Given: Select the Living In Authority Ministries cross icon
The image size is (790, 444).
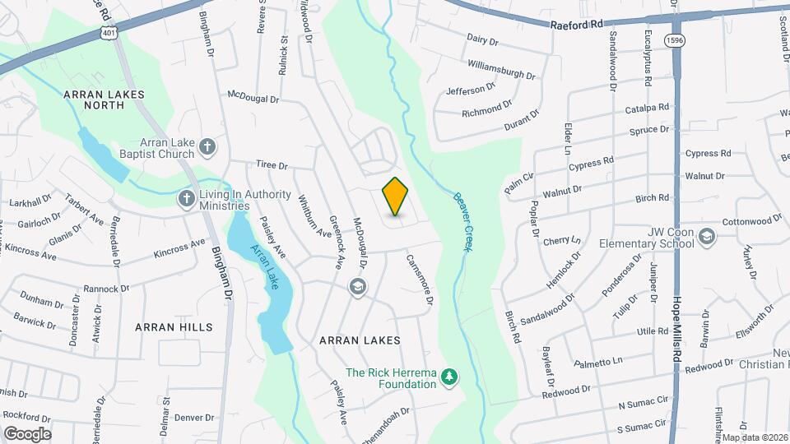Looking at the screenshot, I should pos(188,200).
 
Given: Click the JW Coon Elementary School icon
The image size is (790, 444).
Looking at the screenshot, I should pos(706,238).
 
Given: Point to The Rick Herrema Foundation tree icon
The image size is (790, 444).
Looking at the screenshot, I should pos(449,377).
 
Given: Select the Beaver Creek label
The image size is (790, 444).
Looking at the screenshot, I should pos(461,221).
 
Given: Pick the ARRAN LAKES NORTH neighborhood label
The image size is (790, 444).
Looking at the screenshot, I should pos(104,101).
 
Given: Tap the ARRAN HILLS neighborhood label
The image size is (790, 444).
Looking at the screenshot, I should pos(174,327).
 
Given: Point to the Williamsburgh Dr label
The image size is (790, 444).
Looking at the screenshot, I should pos(500,68).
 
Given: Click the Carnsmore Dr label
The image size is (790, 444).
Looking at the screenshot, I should pos(419,280).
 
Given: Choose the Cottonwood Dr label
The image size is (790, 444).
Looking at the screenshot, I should pos(751,221).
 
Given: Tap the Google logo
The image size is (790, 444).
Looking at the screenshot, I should pos(27,433).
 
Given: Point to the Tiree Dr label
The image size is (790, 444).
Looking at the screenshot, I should pos(272,165).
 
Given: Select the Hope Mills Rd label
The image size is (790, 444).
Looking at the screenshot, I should pos(678,329).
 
